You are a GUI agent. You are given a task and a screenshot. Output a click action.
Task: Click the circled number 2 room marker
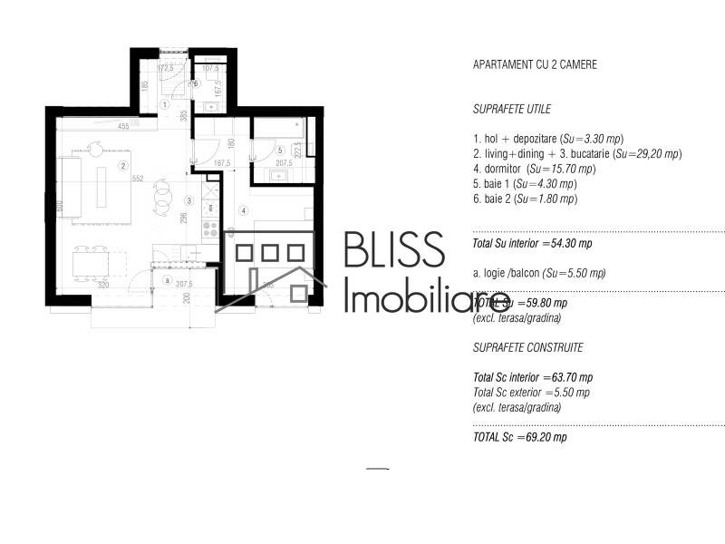tap(122, 166)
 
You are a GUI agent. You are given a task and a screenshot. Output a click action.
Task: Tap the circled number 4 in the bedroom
tap(243, 211)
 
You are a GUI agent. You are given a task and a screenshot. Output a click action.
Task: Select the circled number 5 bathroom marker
tap(280, 151)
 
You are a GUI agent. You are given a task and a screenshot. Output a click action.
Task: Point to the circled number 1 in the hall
tap(165, 105)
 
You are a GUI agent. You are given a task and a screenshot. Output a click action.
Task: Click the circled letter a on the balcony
tap(166, 280)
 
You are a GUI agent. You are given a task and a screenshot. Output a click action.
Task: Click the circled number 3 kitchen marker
tap(189, 200)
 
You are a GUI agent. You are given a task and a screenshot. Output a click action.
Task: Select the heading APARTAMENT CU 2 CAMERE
tap(535, 65)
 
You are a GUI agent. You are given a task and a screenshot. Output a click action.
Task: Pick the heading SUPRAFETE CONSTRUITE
tap(527, 347)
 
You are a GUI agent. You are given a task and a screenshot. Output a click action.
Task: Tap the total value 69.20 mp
tap(547, 437)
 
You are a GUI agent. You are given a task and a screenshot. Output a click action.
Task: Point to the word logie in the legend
tap(497, 273)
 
